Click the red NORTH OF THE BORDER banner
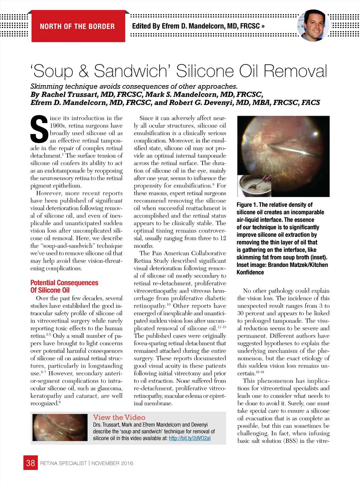coord(78,26)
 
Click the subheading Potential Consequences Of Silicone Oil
coord(64,286)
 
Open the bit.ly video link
coord(189,438)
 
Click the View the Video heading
coord(119,418)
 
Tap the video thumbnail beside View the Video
coord(60,427)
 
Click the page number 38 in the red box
coord(31,463)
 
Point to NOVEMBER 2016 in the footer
coord(112,463)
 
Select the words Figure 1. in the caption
coord(247,205)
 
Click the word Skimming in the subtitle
coord(47,87)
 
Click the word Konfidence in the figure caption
coord(250,272)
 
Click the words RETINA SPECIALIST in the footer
coord(63,463)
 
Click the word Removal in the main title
coord(295,71)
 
